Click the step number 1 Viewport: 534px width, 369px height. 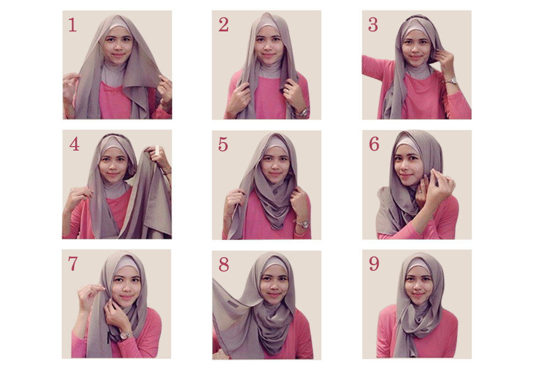point(73,25)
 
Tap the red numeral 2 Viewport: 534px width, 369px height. point(223,25)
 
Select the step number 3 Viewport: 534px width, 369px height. point(373,25)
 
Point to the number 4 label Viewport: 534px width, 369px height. point(74,144)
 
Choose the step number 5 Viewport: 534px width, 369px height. point(223,144)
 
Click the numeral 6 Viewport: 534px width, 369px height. point(374,144)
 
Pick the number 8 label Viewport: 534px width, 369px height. point(223,265)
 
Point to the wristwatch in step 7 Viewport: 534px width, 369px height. point(125,335)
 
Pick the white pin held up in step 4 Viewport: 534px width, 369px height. point(157,149)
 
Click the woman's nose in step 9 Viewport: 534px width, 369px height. point(416,286)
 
